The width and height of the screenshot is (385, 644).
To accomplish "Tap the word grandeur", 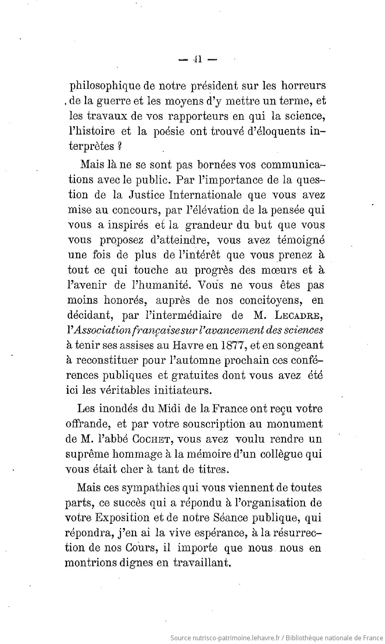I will coord(208,225).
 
